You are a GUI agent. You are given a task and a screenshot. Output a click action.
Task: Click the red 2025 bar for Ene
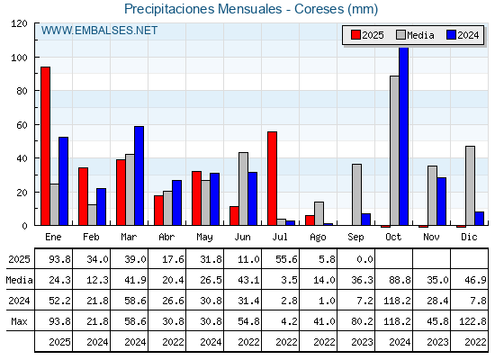pos(45,146)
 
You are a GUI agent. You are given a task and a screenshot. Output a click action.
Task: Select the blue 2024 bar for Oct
pos(404,136)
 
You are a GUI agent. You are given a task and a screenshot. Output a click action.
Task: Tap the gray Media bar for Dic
pos(470,185)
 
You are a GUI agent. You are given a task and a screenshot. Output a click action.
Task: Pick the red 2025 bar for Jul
pos(272,178)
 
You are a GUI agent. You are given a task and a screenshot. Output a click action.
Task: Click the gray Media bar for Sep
pos(356,194)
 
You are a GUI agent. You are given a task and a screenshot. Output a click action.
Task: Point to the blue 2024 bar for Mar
pos(139,175)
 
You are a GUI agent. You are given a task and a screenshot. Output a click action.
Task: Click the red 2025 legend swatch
pos(355,35)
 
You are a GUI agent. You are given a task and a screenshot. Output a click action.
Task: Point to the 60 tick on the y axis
pos(22,125)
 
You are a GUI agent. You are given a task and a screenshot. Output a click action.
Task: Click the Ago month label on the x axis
pos(318,238)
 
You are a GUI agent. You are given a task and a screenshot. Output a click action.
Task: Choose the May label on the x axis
pos(205,238)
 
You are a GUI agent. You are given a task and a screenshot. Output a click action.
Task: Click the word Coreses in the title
pos(319,9)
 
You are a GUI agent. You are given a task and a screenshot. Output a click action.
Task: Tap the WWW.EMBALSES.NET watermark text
pos(99,31)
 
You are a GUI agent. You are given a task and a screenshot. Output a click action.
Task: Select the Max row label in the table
pos(19,321)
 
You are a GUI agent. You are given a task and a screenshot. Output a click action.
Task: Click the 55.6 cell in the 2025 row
pos(286,259)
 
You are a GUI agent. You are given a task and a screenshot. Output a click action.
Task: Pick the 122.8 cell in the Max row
pos(472,321)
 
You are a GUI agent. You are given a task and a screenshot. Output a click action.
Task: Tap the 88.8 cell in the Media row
pos(400,280)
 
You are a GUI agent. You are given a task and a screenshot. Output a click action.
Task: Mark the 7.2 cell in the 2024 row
pos(364,301)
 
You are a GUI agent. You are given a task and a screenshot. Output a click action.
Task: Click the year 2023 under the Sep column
pos(362,342)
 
